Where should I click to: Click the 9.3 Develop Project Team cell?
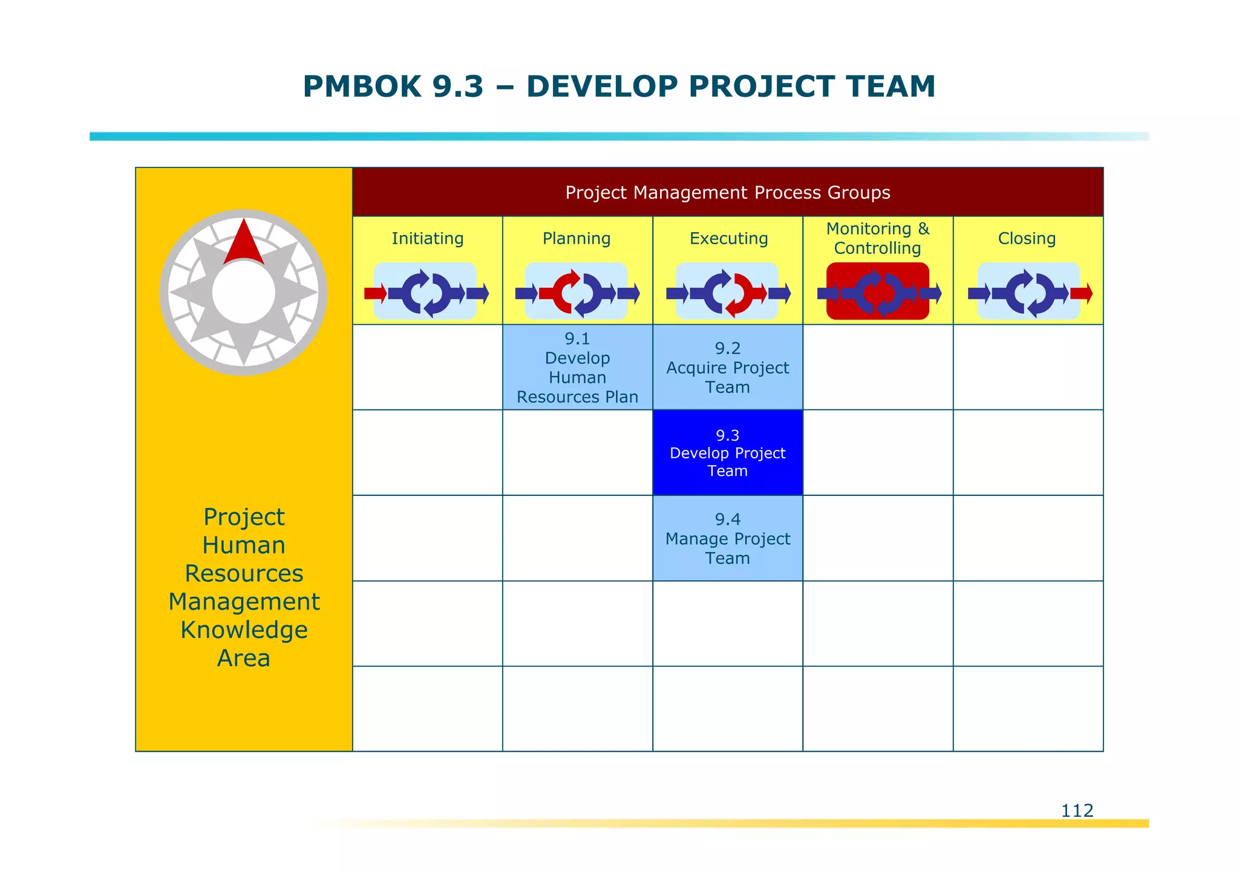click(x=727, y=453)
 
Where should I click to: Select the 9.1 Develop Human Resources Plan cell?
click(x=577, y=368)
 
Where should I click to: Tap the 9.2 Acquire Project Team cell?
click(x=727, y=368)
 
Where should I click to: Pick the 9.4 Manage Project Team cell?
click(x=727, y=538)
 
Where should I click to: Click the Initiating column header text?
click(x=427, y=238)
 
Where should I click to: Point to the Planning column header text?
click(x=577, y=238)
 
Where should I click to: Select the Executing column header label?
click(x=728, y=238)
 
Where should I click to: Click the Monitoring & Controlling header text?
click(x=877, y=238)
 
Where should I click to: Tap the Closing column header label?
click(x=1027, y=238)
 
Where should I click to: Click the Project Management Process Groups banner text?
click(x=727, y=192)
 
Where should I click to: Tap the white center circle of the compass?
click(x=244, y=292)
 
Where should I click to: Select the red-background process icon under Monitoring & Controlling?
click(x=877, y=291)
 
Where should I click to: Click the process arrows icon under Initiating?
click(x=426, y=293)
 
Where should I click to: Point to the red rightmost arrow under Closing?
click(x=1081, y=293)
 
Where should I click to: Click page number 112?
click(x=1077, y=810)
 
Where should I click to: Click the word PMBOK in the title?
click(x=362, y=86)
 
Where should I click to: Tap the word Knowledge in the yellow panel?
click(x=244, y=630)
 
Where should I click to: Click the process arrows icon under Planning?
click(x=577, y=293)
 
